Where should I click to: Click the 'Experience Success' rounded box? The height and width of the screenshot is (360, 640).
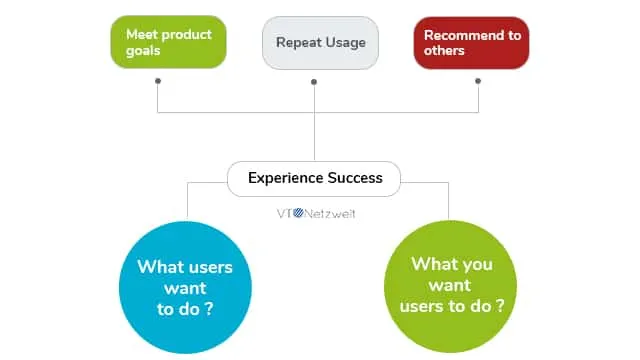[x=314, y=179]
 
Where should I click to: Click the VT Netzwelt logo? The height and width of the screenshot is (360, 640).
[x=314, y=213]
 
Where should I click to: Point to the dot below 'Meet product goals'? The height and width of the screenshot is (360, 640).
[x=157, y=82]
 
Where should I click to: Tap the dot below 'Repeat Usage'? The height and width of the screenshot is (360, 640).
[x=314, y=82]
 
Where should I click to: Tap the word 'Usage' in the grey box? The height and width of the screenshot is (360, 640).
[x=344, y=42]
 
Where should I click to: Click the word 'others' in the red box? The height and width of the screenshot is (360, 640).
[x=445, y=51]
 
